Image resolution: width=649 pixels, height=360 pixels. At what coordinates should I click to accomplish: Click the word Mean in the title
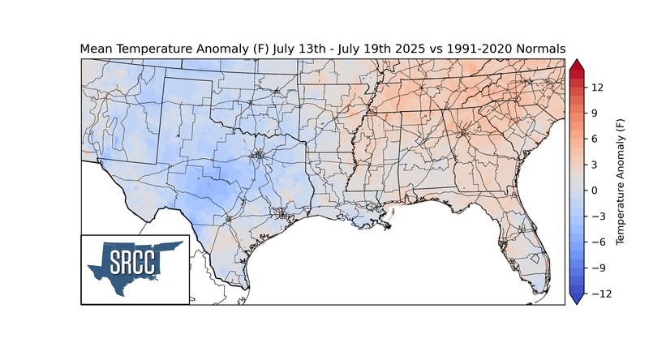click(x=97, y=49)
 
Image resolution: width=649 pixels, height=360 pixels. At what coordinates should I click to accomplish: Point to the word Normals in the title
click(x=538, y=49)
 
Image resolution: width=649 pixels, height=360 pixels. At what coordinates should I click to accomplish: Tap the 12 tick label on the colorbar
click(x=595, y=87)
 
